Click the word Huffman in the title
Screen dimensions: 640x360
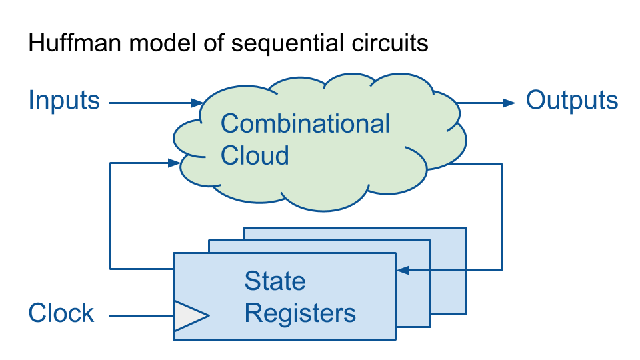pos(75,43)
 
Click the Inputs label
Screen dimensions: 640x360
pos(64,101)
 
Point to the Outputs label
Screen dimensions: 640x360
pos(572,101)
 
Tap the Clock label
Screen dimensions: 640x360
pos(61,313)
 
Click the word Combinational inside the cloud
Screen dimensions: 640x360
pos(305,124)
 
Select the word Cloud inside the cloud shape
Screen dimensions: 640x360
pos(255,155)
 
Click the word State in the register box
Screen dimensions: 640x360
pos(275,281)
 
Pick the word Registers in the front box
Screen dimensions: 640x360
pos(300,314)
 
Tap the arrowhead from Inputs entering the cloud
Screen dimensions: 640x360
pos(197,103)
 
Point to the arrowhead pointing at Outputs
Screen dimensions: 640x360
pos(509,103)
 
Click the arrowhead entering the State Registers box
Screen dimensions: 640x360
pos(403,270)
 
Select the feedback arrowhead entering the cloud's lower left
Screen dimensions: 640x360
pos(174,163)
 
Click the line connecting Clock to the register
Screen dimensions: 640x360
pos(141,315)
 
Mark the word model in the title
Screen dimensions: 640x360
pos(163,43)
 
